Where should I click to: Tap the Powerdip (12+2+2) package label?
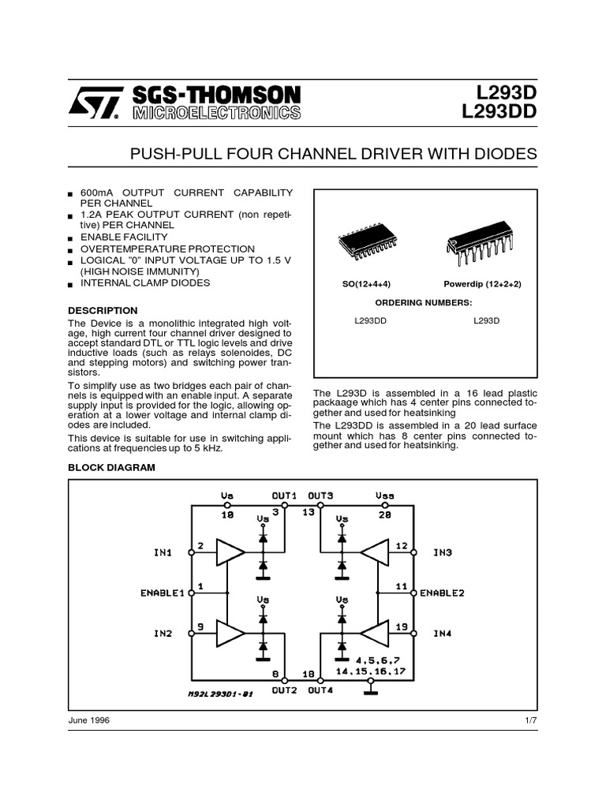[x=482, y=283]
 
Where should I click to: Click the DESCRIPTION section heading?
[x=103, y=310]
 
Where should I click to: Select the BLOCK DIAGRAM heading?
[x=111, y=467]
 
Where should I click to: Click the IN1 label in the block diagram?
[x=163, y=552]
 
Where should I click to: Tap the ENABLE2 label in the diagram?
[x=442, y=592]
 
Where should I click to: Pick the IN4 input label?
[x=443, y=633]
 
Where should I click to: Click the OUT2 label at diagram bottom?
[x=284, y=689]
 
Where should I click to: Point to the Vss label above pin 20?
[x=385, y=496]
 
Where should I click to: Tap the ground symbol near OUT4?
[x=369, y=691]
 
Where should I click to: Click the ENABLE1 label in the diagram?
[x=162, y=592]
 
